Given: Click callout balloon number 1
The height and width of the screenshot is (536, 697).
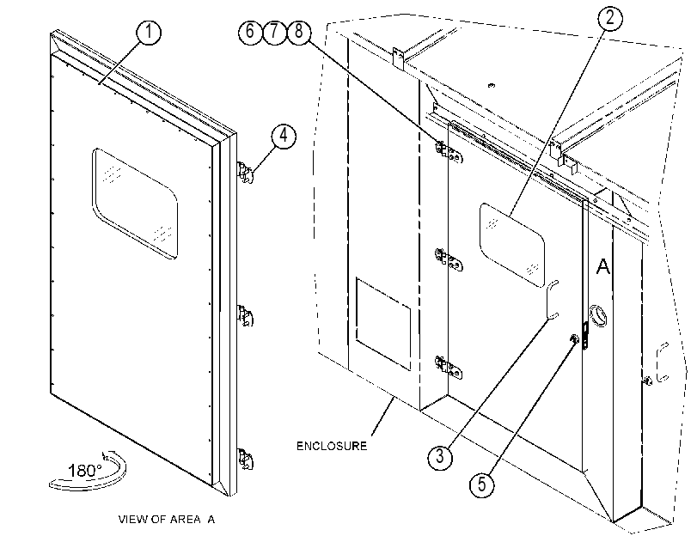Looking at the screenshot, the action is (149, 32).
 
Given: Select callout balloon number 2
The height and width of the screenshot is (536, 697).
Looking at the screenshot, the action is (609, 18).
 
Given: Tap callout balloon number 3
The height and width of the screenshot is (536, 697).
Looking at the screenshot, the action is (440, 456).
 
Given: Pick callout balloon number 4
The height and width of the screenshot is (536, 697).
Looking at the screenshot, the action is (283, 136).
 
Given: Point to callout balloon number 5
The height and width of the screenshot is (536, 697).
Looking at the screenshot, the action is (482, 484).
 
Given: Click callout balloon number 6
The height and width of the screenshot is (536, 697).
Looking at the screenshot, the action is (250, 32).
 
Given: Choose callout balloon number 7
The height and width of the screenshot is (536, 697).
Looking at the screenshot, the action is (274, 32).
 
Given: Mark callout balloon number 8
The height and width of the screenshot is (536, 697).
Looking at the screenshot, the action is (299, 32).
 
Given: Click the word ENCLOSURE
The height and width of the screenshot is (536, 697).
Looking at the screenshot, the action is (332, 446).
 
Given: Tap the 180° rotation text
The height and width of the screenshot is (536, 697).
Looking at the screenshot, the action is (85, 470).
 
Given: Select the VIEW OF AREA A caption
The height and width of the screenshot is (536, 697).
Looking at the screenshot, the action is (166, 519).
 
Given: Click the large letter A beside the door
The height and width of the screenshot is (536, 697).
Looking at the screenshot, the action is (602, 266).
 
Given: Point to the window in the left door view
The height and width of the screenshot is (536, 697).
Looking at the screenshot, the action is (135, 203).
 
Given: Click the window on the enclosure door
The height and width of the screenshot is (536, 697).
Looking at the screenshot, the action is (512, 245).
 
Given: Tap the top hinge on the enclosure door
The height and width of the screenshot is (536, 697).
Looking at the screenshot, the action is (449, 152).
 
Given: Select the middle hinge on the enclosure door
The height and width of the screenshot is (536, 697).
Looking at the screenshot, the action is (449, 260).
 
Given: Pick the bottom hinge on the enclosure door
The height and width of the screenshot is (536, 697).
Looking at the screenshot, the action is (449, 368).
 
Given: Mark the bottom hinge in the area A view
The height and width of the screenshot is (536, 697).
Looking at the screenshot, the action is (246, 460).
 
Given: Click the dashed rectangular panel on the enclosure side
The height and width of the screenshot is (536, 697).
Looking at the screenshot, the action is (383, 324).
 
